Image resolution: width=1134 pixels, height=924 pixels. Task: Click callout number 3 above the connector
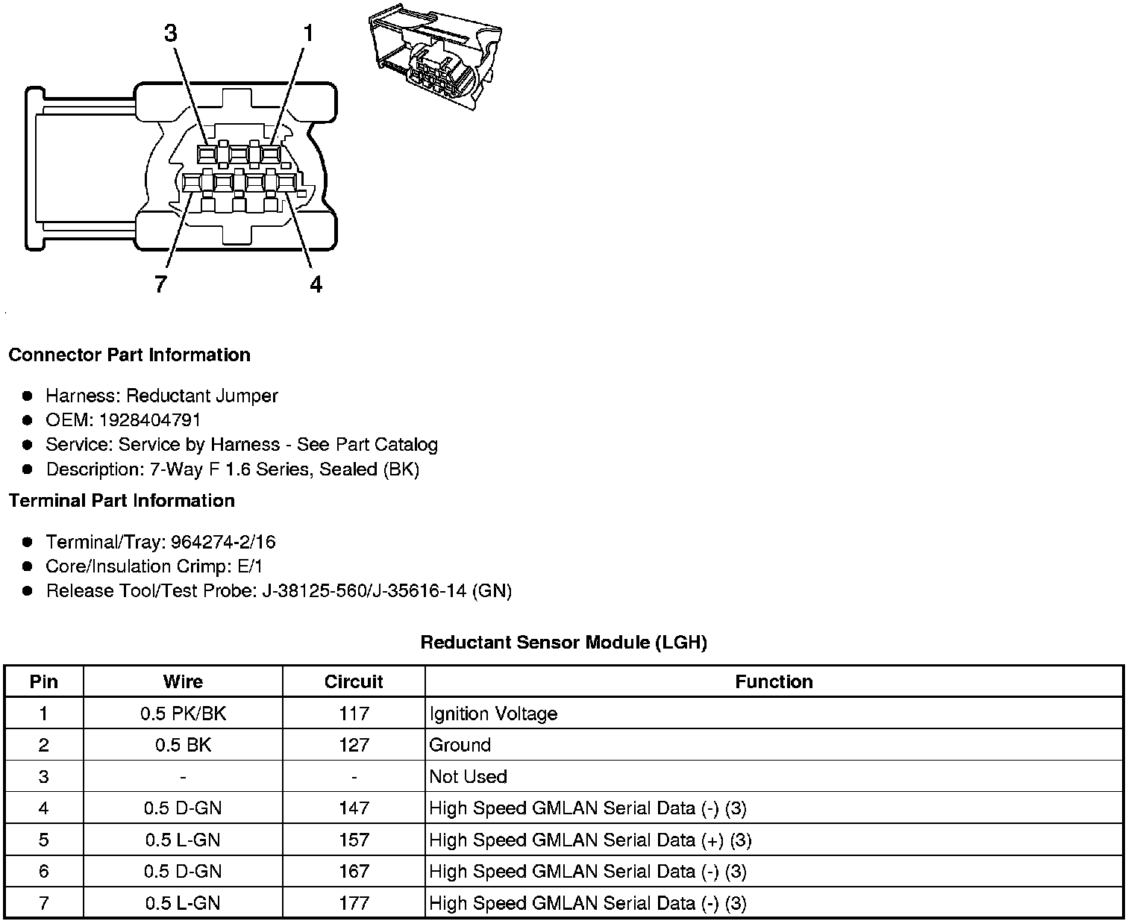point(171,34)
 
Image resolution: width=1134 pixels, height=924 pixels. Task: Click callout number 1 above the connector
point(307,34)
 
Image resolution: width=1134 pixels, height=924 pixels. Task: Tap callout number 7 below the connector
point(160,284)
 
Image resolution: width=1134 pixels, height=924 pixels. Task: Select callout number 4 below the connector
point(316,284)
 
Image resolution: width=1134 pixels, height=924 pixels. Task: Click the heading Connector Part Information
point(129,355)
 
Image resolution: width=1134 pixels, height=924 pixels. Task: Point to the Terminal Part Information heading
point(122,500)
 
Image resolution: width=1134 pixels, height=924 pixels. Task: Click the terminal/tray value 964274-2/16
point(223,542)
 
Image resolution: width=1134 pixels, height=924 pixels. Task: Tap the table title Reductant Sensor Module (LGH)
point(563,642)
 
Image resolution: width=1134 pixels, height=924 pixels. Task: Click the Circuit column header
point(354,681)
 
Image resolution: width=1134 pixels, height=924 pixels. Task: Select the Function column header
point(774,681)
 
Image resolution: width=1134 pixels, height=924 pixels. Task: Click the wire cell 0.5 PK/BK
point(183,714)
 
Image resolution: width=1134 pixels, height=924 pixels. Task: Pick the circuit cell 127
point(354,745)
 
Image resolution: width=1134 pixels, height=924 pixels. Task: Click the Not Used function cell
point(468,776)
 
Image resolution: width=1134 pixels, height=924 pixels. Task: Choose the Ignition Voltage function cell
point(493,714)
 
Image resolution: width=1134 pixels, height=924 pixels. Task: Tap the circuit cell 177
point(354,903)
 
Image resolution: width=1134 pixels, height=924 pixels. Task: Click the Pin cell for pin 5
point(43,840)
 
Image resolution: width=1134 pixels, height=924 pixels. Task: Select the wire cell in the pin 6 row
point(183,871)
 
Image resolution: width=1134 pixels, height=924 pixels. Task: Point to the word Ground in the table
point(460,745)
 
